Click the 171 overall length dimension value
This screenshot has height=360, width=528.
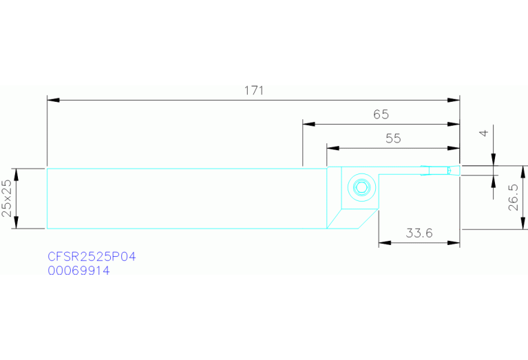[253, 91]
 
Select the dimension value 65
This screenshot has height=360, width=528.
[381, 115]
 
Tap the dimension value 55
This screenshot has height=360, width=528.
[392, 138]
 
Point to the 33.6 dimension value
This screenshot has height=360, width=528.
[419, 233]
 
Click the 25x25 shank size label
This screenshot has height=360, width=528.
[7, 198]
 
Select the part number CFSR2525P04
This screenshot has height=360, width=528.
[92, 257]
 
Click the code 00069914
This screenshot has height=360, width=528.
[78, 271]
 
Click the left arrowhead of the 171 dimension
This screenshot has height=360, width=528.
[52, 100]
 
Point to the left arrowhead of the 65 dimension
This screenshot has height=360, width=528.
[308, 125]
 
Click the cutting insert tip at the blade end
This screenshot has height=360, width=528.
[453, 171]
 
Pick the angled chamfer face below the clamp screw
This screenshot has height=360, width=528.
[351, 219]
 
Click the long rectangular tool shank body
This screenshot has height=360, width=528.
[186, 198]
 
